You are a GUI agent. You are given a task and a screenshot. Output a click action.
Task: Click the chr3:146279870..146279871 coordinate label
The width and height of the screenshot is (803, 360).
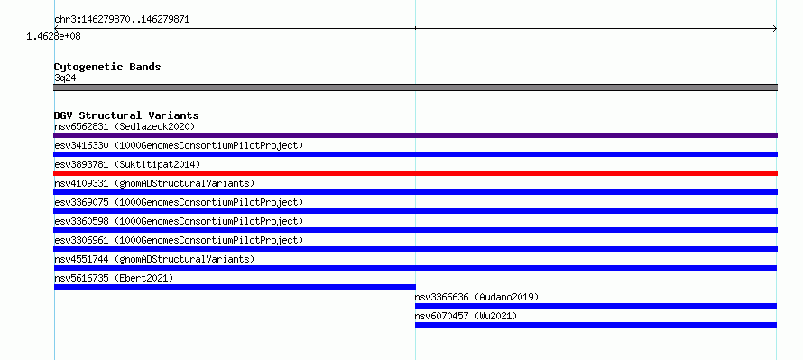pos(122,20)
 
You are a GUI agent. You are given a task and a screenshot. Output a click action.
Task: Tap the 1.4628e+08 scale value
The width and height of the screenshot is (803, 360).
pos(54,36)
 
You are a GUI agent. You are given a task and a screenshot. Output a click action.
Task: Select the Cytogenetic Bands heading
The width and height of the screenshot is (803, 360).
pos(107,67)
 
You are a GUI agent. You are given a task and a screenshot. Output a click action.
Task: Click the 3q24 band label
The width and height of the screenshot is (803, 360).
pos(65,78)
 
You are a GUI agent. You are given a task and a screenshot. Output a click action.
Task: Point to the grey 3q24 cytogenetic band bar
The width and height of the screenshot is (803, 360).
pos(415,88)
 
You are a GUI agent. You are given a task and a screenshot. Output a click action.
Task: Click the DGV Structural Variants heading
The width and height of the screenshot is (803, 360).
pos(126,115)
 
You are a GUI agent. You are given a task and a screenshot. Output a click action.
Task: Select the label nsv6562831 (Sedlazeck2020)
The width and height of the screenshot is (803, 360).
pos(125,126)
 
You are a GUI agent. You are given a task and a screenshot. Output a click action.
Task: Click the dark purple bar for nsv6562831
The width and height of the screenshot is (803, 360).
pos(415,135)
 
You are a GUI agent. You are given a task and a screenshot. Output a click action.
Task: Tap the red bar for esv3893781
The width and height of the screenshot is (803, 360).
pos(415,173)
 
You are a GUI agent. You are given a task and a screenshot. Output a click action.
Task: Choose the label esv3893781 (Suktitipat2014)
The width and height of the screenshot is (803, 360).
pos(127,164)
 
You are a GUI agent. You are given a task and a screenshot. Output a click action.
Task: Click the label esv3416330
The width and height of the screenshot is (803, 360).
pos(81,145)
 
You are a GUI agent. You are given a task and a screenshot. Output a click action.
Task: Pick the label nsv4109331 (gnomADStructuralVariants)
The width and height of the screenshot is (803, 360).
pos(154,183)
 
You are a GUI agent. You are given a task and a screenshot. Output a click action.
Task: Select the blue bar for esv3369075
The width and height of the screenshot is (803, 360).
pos(415,211)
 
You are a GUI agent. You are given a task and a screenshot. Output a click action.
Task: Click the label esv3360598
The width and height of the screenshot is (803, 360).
pos(81,221)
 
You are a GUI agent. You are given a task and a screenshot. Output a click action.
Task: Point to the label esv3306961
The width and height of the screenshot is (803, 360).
pos(81,240)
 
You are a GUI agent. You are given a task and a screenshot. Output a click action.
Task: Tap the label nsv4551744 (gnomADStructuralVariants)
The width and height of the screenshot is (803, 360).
pos(154,259)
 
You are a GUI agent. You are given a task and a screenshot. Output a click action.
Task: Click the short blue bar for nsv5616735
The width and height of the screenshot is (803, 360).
pos(235,287)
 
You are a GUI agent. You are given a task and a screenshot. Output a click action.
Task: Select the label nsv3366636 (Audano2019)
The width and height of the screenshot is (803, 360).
pos(476,297)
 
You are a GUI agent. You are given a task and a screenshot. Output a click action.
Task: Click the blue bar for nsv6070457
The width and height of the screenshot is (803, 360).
pos(595,325)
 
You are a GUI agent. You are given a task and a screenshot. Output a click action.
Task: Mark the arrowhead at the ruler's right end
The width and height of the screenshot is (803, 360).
pos(775,29)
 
